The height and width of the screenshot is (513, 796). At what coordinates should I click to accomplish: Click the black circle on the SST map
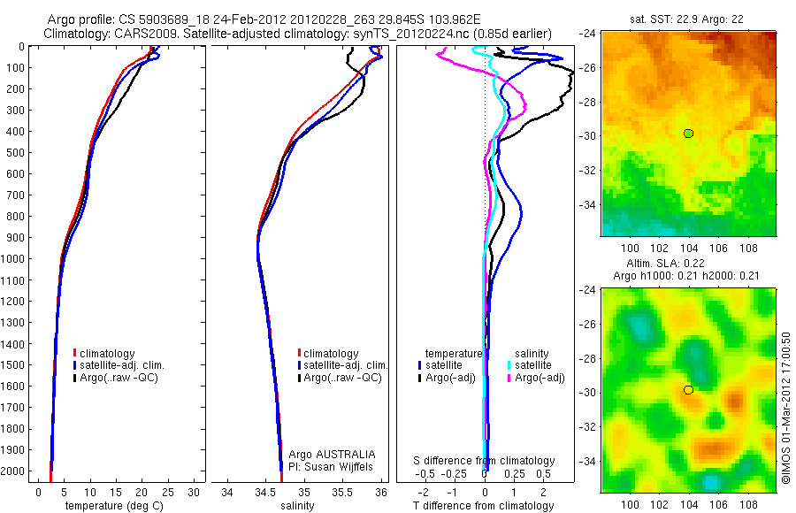[688, 133]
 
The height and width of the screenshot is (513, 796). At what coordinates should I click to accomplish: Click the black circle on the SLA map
[688, 389]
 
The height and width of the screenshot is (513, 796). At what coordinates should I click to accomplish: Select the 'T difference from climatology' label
[484, 506]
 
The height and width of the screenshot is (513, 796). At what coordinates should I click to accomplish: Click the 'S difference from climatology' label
[484, 461]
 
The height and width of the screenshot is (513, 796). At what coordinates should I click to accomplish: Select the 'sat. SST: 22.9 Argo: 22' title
[687, 18]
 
